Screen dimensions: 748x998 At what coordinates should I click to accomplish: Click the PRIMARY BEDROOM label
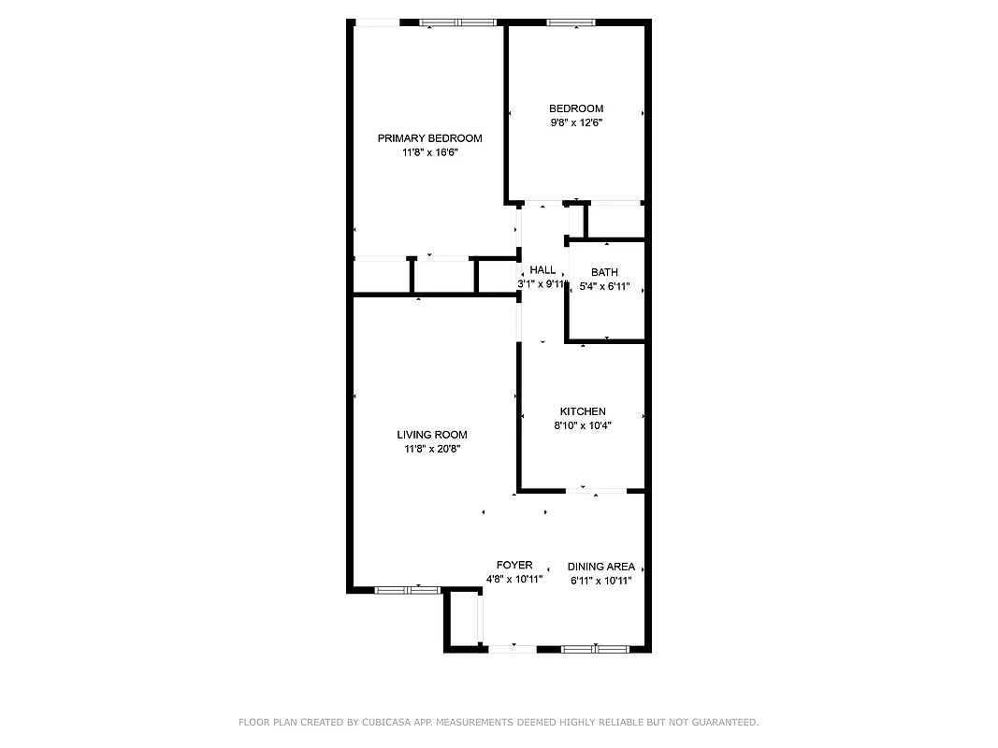429,138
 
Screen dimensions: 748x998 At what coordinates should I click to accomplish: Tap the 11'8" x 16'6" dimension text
429,152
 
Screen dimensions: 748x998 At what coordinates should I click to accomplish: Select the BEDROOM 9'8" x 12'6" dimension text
575,122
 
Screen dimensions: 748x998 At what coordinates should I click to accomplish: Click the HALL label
542,270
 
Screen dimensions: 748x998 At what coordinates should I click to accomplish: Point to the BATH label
604,273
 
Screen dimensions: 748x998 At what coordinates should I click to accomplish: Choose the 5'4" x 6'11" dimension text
604,287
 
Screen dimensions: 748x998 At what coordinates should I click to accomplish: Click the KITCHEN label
583,411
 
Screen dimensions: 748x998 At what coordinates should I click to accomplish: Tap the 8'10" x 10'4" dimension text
583,425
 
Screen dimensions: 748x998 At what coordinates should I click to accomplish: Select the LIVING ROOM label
431,435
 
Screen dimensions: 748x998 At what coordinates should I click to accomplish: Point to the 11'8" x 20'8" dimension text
431,449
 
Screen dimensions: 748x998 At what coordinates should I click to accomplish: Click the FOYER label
514,566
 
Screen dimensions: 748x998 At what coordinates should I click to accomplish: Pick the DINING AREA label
601,567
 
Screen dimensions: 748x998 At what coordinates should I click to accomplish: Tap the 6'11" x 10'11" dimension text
601,581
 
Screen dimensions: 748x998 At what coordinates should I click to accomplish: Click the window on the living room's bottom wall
407,590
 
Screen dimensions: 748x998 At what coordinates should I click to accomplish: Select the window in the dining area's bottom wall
594,648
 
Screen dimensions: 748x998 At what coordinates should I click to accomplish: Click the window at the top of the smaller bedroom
571,22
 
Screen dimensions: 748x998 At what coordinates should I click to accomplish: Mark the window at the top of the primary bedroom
456,22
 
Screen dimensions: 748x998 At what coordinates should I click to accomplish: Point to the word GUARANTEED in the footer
722,722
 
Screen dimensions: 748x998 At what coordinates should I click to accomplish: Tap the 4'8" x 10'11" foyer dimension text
514,580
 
